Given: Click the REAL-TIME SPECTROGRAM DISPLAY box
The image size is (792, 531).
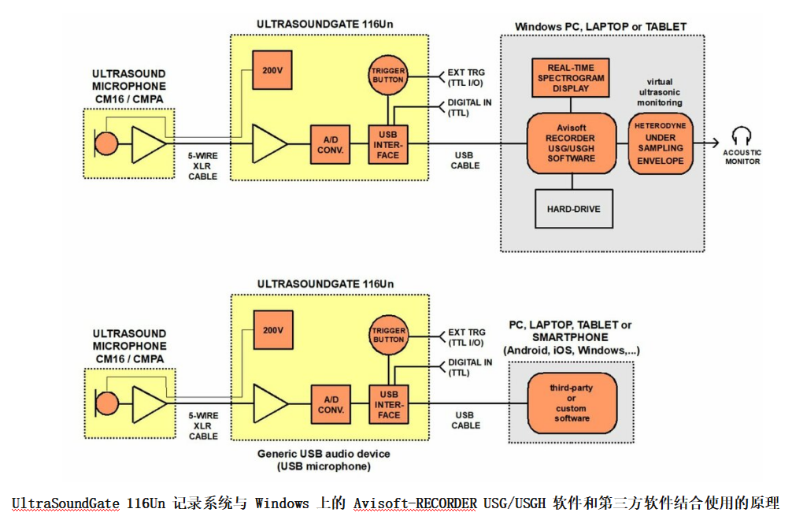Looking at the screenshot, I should point(571,79).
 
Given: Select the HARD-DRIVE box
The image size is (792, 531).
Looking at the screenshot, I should point(573,209).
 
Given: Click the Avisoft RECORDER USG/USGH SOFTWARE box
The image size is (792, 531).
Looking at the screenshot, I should point(572,143).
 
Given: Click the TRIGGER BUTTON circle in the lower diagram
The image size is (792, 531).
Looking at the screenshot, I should point(388,335).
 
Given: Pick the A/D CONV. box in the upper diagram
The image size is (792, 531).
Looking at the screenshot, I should point(329,144).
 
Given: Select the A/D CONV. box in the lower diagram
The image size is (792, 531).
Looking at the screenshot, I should point(329,404).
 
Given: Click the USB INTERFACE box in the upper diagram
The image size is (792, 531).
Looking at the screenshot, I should point(388,144).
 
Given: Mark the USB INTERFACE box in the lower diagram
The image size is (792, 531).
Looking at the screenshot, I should point(388,404).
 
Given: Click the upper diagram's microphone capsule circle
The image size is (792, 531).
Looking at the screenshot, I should point(106,144).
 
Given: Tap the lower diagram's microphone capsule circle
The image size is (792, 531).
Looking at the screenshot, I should point(106,404).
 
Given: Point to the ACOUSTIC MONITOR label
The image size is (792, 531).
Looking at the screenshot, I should point(742,158).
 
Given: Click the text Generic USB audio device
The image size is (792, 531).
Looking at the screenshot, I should point(324,454).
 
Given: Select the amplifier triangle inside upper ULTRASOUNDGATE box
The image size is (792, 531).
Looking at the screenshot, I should point(268,144).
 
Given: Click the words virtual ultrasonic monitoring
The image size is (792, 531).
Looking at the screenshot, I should point(660,92).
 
